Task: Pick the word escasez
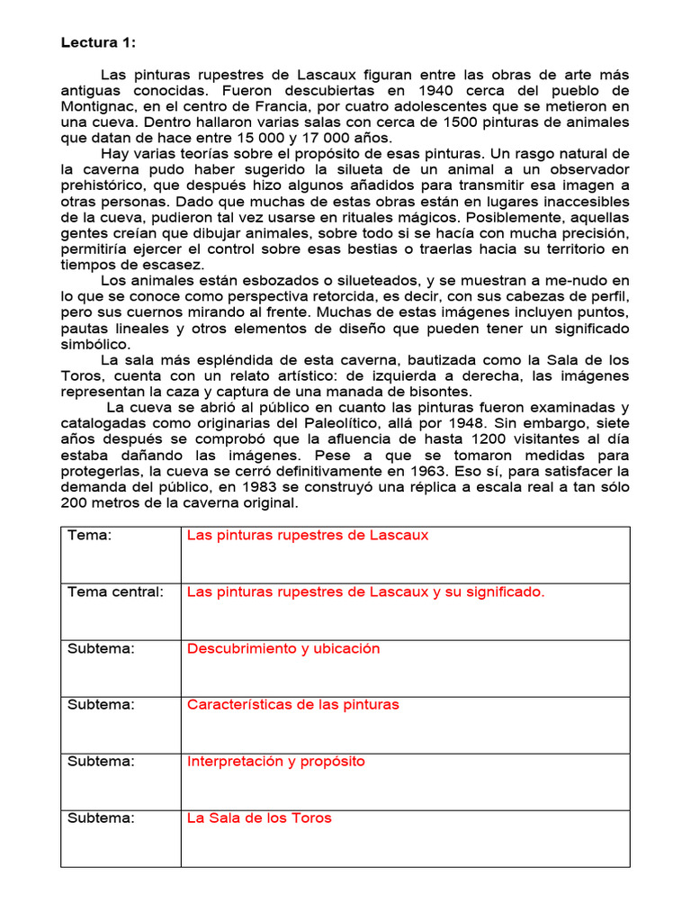click(x=173, y=265)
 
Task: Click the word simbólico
click(x=94, y=344)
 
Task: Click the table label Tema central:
click(x=115, y=592)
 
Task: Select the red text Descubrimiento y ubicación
click(x=283, y=648)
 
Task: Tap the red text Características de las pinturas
click(x=292, y=704)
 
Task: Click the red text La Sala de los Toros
click(x=259, y=818)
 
